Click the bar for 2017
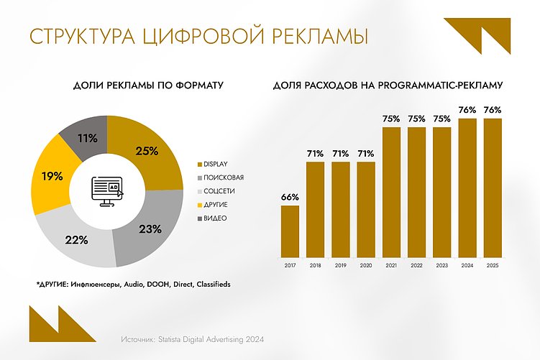(290, 231)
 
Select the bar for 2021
(392, 192)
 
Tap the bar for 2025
(493, 188)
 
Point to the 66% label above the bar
(290, 197)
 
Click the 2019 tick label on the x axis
(341, 266)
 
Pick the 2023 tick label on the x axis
(442, 266)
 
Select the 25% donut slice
(148, 152)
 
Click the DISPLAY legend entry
(215, 165)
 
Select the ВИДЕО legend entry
(215, 218)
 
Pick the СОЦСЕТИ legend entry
(219, 191)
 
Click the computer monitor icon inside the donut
(106, 190)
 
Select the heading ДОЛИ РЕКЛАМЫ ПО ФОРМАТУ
(149, 86)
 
